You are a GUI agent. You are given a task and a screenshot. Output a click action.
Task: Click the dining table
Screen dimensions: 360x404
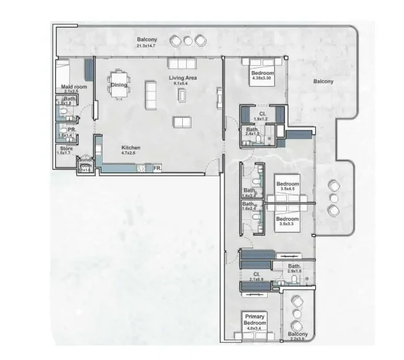click(120, 90)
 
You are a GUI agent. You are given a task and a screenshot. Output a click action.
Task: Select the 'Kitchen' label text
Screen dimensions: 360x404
click(130, 147)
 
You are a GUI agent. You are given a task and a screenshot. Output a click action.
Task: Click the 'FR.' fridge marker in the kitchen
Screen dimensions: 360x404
click(157, 168)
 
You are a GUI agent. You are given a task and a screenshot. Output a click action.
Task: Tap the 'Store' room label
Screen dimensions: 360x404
click(65, 148)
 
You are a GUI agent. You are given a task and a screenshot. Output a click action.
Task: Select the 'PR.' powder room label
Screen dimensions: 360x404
click(72, 130)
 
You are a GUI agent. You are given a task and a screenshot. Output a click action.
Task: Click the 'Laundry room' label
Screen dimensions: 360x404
click(84, 162)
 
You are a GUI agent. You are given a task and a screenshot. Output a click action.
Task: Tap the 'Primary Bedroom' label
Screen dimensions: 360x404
click(256, 321)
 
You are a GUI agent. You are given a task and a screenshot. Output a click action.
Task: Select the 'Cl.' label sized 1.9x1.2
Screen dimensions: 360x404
click(262, 113)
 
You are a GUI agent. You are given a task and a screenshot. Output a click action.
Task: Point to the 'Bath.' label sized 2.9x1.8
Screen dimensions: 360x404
click(293, 266)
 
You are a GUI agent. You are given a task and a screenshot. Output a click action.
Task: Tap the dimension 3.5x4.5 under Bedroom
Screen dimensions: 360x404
click(288, 189)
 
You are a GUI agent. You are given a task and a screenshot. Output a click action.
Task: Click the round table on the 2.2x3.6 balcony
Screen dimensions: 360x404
click(297, 315)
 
